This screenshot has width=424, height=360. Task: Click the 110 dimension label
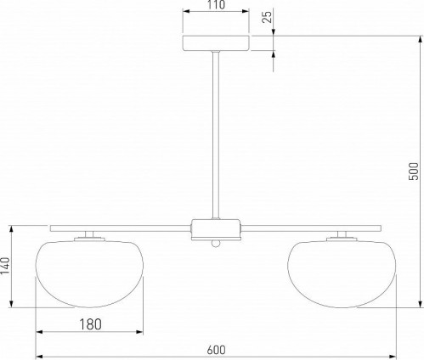coord(216,4)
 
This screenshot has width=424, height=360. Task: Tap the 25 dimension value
coord(267,15)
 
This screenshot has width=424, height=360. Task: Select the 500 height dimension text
coord(413,171)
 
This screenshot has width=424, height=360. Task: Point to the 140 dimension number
coord(5,266)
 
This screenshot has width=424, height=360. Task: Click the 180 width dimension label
coord(90,324)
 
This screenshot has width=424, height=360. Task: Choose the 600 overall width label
coord(216,350)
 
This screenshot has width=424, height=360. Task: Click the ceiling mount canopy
coord(216,43)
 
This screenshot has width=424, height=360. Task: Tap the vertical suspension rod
coord(216,135)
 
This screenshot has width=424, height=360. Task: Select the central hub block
coord(216,229)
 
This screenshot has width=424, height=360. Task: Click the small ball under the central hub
coord(216,243)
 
